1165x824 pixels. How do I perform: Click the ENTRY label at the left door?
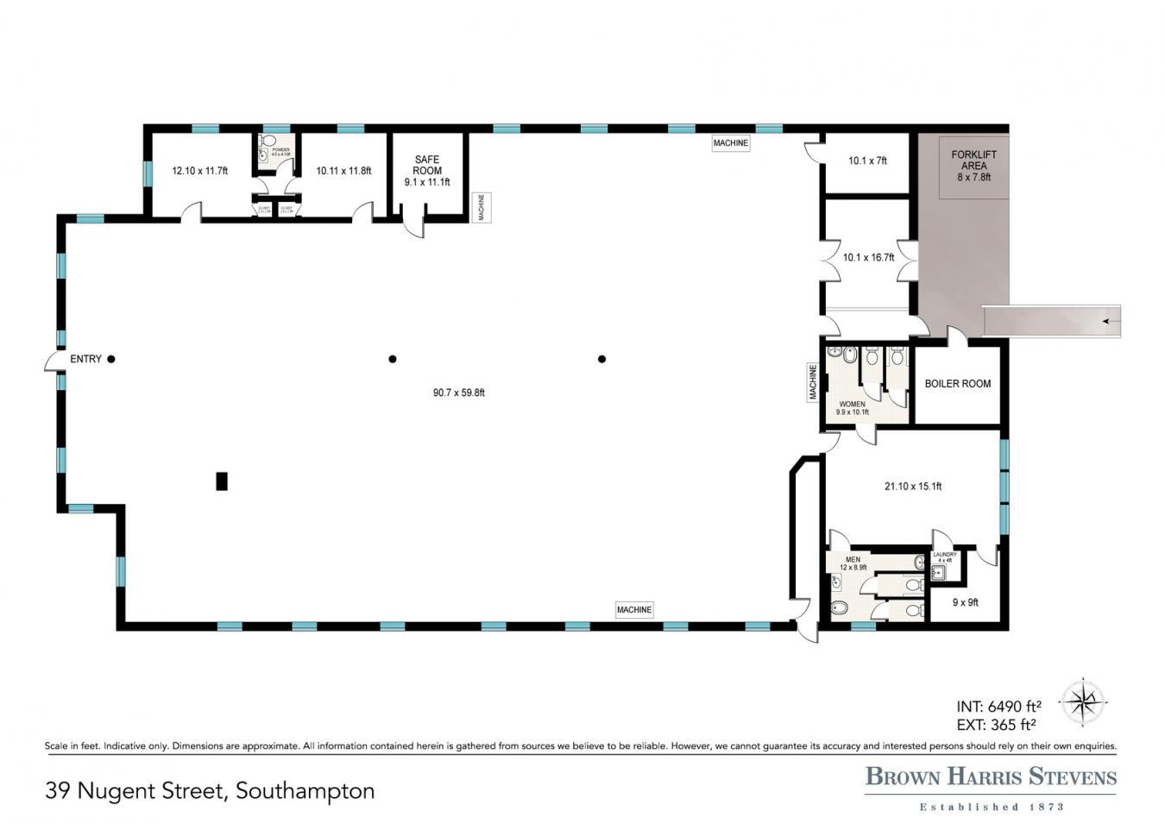point(85,359)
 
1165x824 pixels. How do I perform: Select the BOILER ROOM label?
point(958,384)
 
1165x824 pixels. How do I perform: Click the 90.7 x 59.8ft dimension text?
point(459,393)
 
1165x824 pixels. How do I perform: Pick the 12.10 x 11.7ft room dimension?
point(199,171)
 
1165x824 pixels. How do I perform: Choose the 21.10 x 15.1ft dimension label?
point(913,487)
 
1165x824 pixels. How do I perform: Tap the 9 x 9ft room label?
point(965,602)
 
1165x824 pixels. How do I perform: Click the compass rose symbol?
point(1083,701)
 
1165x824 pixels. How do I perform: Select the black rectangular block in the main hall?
point(222,481)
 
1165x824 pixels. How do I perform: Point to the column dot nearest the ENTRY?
point(111,359)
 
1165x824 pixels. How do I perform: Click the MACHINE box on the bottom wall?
point(634,610)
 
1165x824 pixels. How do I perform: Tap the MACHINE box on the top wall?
point(731,143)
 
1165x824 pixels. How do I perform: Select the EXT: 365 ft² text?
point(996,725)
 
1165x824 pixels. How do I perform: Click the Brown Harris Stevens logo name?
point(991,777)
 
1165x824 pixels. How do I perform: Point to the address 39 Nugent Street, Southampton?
point(210,790)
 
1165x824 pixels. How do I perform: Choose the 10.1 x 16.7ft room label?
point(868,257)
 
